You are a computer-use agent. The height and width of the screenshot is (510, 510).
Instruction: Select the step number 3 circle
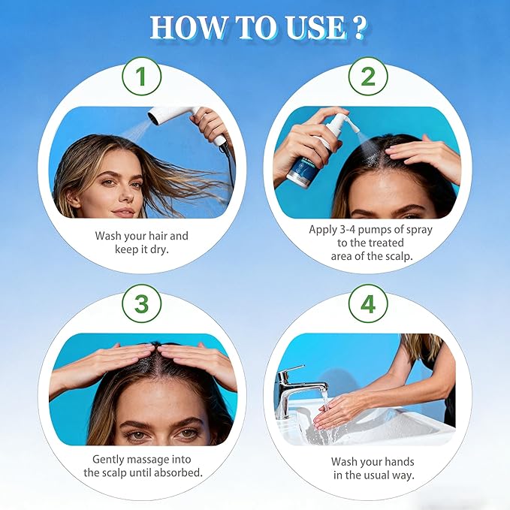[x=142, y=303]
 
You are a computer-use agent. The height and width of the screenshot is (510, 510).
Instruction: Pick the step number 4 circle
[x=368, y=303]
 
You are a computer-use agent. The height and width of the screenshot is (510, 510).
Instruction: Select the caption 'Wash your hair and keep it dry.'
[x=142, y=243]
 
